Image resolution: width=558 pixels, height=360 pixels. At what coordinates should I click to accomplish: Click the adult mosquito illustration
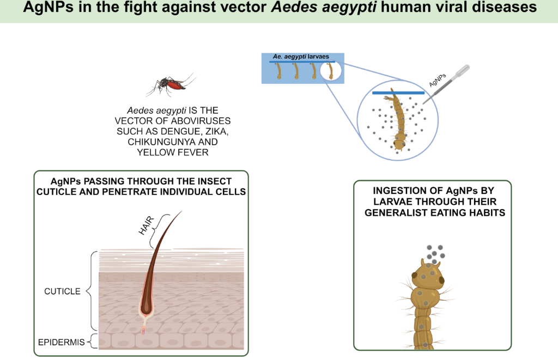tap(170, 84)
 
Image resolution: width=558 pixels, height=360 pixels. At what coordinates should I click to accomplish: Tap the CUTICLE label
tap(62, 291)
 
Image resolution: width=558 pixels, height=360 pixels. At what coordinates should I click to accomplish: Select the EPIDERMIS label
tap(61, 342)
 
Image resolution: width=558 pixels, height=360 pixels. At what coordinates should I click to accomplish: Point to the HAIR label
tap(146, 225)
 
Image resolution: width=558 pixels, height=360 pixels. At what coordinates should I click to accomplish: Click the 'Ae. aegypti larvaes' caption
tap(301, 57)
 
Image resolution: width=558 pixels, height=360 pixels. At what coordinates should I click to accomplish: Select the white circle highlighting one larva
tap(331, 70)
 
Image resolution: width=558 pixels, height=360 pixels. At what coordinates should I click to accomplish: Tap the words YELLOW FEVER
tap(173, 152)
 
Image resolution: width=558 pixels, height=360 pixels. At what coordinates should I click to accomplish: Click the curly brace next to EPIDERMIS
tap(91, 341)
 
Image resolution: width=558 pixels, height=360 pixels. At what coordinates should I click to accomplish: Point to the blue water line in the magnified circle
tap(398, 93)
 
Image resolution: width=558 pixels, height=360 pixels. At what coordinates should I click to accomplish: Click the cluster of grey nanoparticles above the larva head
tap(435, 254)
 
